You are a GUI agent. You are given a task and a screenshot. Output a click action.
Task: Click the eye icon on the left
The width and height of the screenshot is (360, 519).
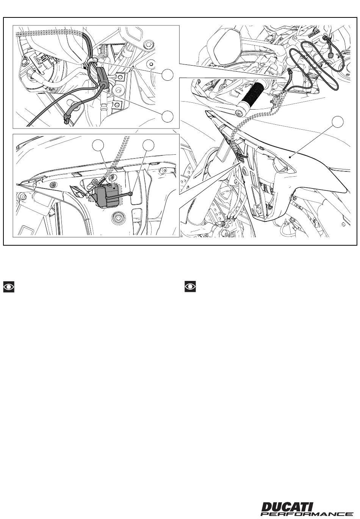click(9, 287)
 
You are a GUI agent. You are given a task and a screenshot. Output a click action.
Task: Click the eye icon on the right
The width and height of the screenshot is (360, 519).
click(190, 287)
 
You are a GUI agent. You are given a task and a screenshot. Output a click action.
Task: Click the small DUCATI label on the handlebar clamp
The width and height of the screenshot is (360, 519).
click(315, 34)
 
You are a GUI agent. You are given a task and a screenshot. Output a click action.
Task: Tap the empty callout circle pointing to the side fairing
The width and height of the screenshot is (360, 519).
click(338, 121)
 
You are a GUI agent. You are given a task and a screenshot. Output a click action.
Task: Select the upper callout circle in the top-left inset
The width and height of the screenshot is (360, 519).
click(167, 75)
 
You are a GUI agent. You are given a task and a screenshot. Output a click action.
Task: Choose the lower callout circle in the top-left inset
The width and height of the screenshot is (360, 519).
click(167, 116)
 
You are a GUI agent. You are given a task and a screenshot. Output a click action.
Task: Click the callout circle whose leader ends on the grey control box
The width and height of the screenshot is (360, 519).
click(98, 145)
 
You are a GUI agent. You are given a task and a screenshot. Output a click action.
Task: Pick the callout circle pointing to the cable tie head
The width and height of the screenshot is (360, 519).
click(149, 145)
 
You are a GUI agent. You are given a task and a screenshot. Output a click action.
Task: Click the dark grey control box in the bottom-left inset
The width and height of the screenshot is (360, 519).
click(107, 193)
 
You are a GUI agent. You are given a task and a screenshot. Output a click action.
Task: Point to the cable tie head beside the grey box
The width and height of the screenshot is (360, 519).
click(131, 193)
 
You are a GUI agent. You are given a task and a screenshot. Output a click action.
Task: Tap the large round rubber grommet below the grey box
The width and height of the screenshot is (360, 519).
click(119, 217)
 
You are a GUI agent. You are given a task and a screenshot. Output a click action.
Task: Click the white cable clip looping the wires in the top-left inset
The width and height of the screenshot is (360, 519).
click(93, 60)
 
